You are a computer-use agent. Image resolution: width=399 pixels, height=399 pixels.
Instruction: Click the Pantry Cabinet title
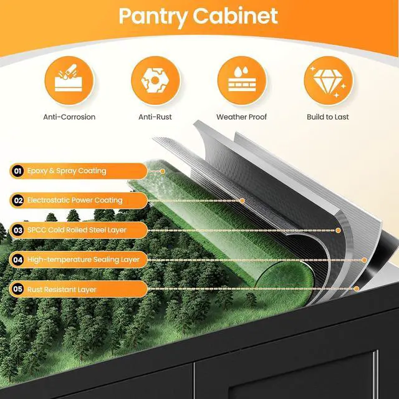(198, 16)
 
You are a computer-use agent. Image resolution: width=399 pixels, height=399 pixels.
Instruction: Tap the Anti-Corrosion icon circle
(69, 80)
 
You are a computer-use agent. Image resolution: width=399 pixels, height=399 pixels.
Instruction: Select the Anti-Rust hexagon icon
(155, 80)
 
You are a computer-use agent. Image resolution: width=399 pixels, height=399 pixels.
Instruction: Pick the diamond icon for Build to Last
(329, 80)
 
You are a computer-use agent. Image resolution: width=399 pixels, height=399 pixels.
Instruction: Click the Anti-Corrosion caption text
(69, 117)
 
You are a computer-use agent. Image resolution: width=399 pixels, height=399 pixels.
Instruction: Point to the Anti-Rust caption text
(155, 117)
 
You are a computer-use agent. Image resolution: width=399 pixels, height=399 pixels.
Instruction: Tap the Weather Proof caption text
(241, 117)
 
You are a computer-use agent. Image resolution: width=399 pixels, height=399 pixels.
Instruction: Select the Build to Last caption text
(328, 117)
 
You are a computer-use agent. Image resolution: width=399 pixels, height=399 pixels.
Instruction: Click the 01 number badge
(17, 171)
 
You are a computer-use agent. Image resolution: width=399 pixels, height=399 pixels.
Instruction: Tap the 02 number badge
(18, 201)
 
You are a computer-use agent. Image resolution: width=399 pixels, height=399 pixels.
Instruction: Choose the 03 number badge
(18, 230)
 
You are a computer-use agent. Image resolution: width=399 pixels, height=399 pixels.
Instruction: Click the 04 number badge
(18, 260)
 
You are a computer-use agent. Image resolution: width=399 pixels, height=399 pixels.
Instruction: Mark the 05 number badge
(18, 289)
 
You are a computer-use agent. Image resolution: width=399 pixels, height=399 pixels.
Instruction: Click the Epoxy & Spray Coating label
(67, 171)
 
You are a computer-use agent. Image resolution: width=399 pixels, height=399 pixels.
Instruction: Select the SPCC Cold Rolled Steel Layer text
(77, 230)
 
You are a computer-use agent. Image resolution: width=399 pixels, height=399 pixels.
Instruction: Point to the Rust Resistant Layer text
(62, 289)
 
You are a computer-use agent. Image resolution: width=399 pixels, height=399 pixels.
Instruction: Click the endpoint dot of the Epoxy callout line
(163, 171)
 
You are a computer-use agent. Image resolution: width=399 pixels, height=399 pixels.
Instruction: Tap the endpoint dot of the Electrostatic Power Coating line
(243, 201)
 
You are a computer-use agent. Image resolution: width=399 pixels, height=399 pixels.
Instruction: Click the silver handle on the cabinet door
(375, 375)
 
